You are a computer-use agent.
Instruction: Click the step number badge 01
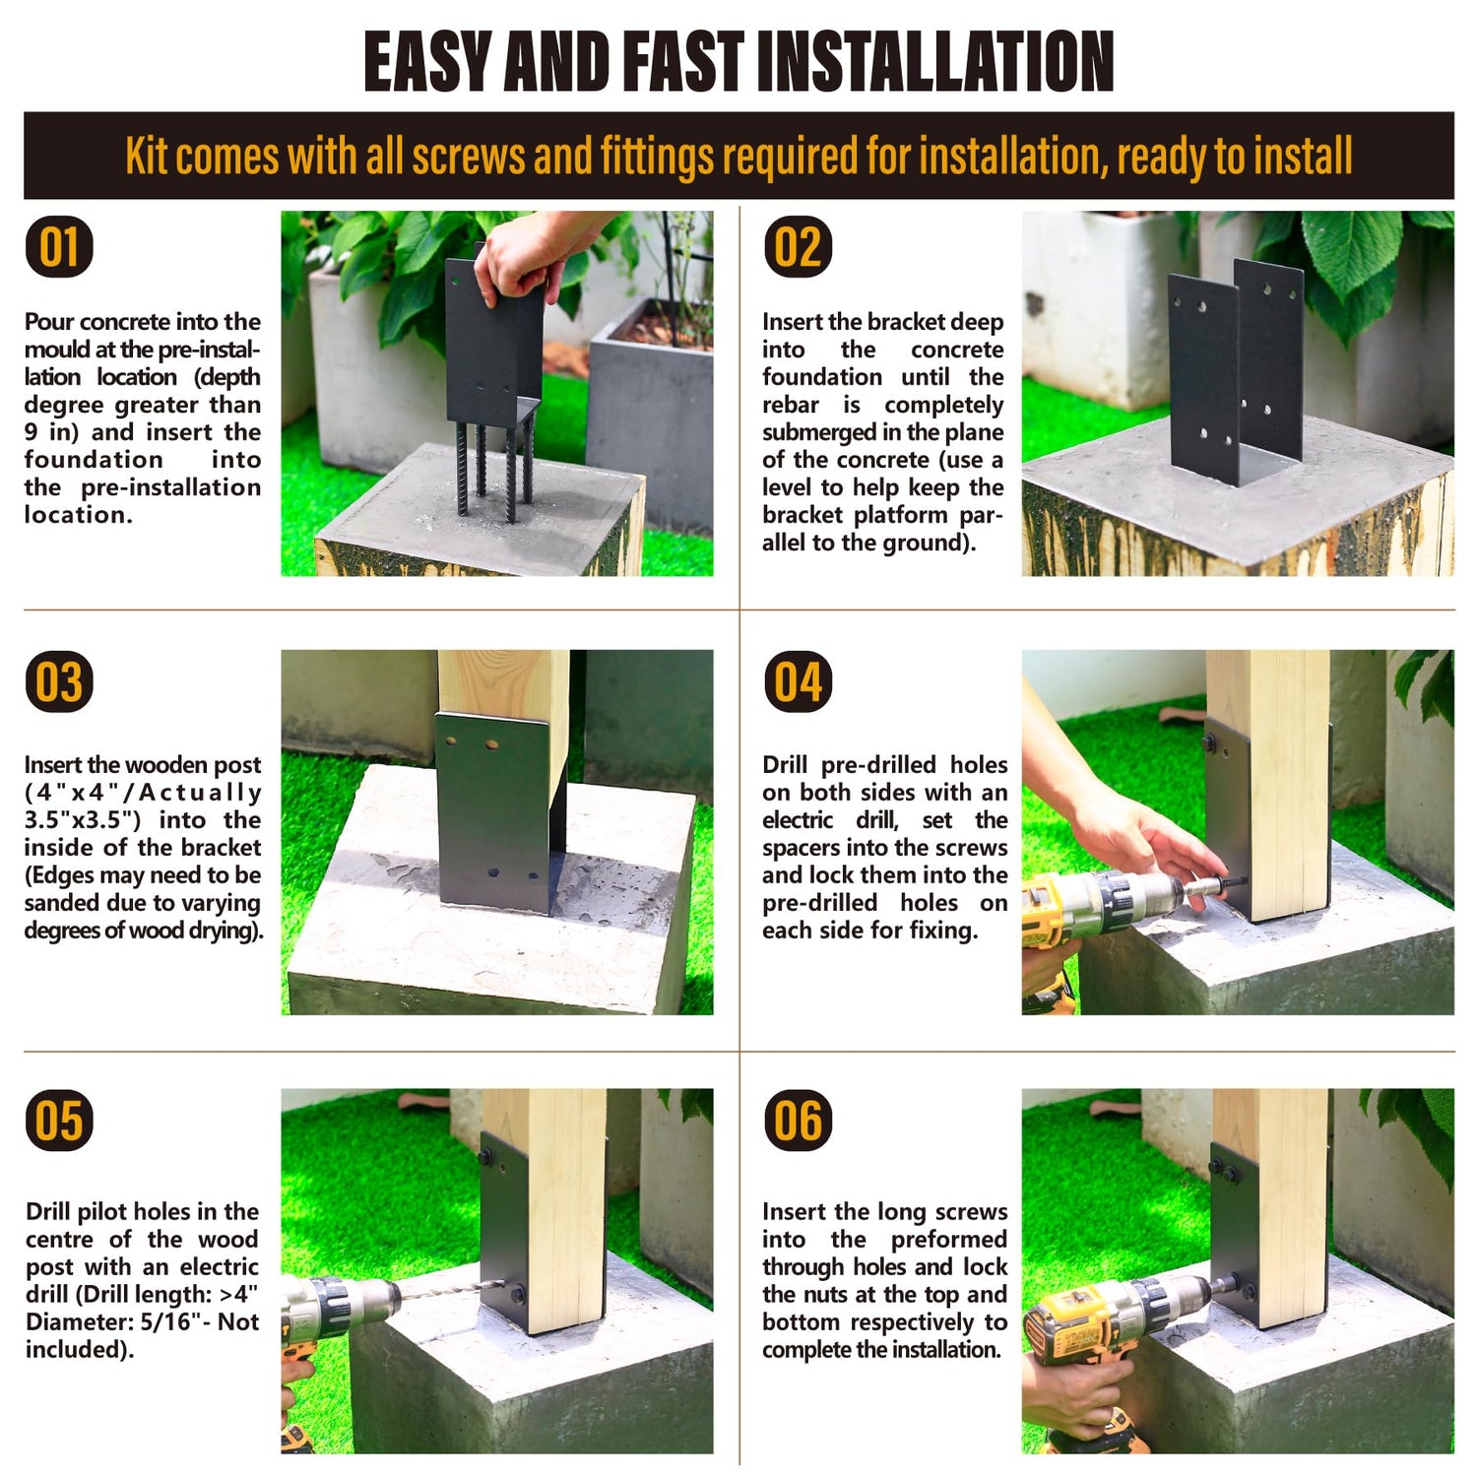pos(59,246)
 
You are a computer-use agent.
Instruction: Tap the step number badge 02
pos(798,246)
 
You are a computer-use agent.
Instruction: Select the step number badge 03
pos(59,681)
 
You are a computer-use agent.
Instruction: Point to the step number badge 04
pos(798,681)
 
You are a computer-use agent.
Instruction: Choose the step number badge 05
pos(59,1121)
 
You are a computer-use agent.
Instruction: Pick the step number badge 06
pos(798,1121)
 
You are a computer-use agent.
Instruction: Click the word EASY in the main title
pos(426,61)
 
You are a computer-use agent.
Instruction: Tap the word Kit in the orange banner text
pos(147,157)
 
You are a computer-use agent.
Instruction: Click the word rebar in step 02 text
pos(791,405)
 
